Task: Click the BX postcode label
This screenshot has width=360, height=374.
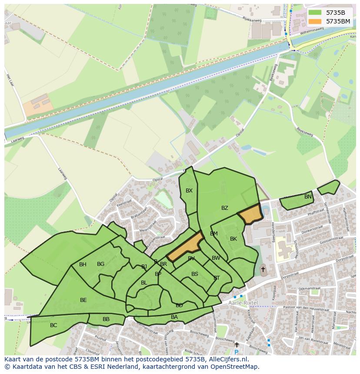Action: click(189, 191)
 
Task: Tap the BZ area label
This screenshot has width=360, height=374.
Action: click(224, 208)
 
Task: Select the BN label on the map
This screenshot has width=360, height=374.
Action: click(308, 197)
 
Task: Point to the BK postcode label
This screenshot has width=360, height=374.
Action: click(233, 239)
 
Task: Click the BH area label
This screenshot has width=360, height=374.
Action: click(83, 265)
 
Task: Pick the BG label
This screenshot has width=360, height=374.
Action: click(100, 264)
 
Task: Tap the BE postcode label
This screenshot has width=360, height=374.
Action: click(83, 300)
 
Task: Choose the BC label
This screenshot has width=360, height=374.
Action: click(53, 325)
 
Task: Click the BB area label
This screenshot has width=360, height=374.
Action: click(106, 319)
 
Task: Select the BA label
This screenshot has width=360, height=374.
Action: click(174, 317)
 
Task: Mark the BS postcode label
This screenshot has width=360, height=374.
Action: click(195, 274)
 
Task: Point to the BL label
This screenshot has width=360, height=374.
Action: click(144, 283)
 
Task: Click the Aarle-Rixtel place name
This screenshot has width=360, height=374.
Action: click(242, 302)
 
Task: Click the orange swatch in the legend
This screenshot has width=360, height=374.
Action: click(315, 21)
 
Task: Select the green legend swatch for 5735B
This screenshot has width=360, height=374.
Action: click(315, 13)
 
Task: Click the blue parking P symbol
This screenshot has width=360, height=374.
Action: click(236, 352)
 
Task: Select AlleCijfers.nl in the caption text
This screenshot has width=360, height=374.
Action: click(226, 359)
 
